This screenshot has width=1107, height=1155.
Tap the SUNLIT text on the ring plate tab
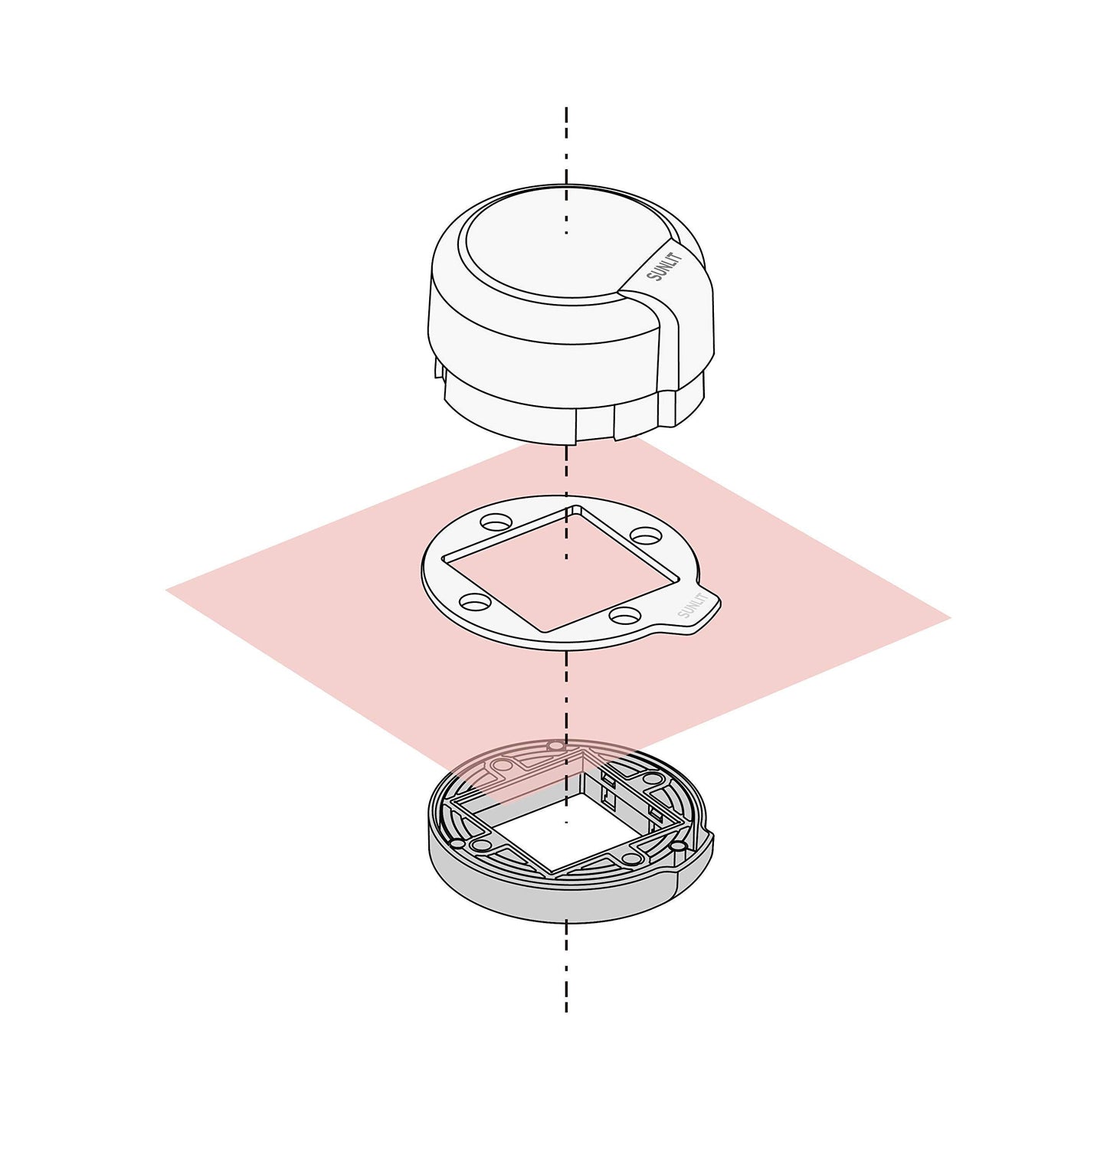[x=692, y=605]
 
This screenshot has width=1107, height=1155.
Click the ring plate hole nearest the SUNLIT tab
[x=626, y=614]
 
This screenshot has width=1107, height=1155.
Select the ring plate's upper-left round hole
[x=496, y=522]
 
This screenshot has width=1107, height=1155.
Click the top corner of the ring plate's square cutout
[x=572, y=506]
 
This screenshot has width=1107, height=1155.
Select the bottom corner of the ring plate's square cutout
[x=544, y=632]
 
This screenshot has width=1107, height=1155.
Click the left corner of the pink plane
[x=166, y=590]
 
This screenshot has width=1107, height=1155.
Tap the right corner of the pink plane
[x=951, y=617]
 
